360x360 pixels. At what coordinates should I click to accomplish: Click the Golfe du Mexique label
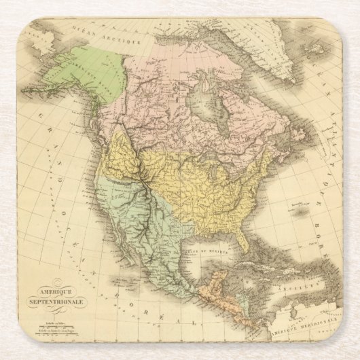(x=214, y=251)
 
